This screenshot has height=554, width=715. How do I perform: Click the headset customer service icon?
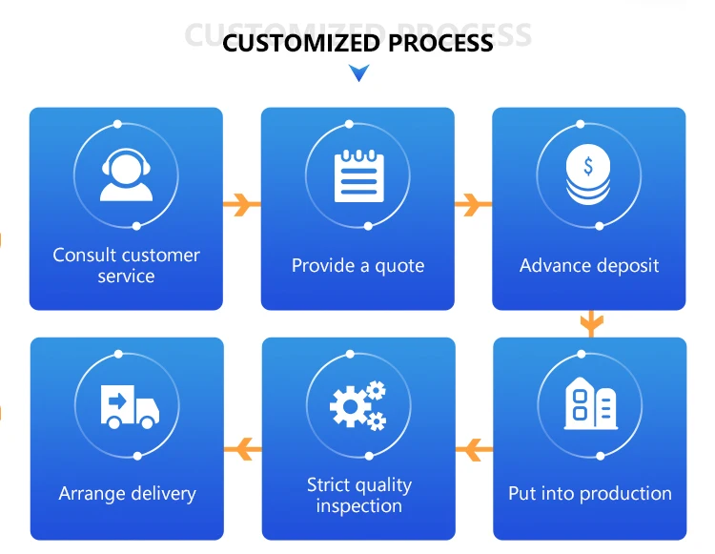(127, 175)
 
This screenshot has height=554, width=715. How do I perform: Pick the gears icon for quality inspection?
(357, 405)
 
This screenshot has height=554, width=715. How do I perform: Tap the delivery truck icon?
(129, 406)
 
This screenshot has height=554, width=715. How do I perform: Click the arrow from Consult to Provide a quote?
(242, 203)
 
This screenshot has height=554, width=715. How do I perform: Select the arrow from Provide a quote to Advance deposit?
(473, 203)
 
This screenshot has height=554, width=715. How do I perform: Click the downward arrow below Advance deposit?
(591, 323)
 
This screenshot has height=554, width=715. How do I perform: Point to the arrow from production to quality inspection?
(474, 446)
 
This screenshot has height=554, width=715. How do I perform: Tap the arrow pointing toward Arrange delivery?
(242, 446)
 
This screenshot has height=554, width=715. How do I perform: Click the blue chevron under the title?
(358, 72)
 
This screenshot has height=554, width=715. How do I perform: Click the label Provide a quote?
(357, 266)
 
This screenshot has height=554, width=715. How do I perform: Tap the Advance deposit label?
(589, 266)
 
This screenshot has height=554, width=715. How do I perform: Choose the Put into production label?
(589, 494)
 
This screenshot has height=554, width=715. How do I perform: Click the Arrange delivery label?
(127, 494)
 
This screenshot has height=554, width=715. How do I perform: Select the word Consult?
(84, 256)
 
